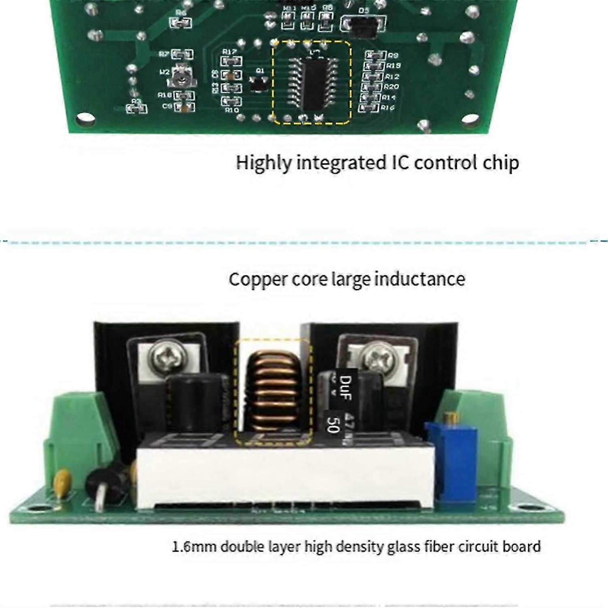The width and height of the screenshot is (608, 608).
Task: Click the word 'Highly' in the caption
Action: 263,163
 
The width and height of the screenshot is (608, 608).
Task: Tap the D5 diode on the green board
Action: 364,26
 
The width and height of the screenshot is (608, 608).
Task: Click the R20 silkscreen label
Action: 392,87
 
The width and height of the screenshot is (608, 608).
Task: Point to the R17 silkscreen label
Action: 229,52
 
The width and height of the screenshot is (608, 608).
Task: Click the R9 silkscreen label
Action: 393,55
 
